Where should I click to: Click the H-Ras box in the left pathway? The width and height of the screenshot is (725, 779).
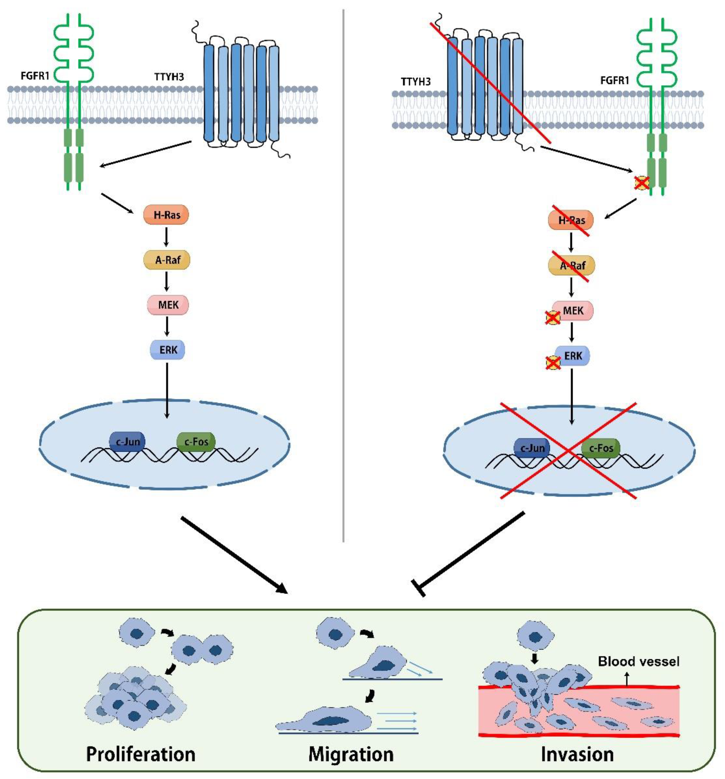166,215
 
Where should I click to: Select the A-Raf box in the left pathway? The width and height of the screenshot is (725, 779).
167,260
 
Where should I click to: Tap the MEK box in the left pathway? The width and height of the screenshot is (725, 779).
168,305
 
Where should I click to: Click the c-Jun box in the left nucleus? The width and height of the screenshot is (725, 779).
127,442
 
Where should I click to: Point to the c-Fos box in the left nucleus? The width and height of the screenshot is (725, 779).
196,442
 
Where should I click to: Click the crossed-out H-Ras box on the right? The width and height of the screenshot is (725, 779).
571,220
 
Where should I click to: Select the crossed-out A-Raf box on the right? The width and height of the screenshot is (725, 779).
571,266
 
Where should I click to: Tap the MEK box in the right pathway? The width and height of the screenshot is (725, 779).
573,311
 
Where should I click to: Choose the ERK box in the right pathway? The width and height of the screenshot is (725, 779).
572,356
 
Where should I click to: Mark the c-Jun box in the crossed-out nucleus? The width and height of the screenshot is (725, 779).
532,448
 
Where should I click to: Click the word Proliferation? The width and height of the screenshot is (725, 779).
141,753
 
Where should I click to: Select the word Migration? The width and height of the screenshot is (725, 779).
351,753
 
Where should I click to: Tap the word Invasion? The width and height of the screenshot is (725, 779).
577,753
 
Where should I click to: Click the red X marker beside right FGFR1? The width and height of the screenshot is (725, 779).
642,183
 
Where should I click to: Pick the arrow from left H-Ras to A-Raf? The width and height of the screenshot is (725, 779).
167,237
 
